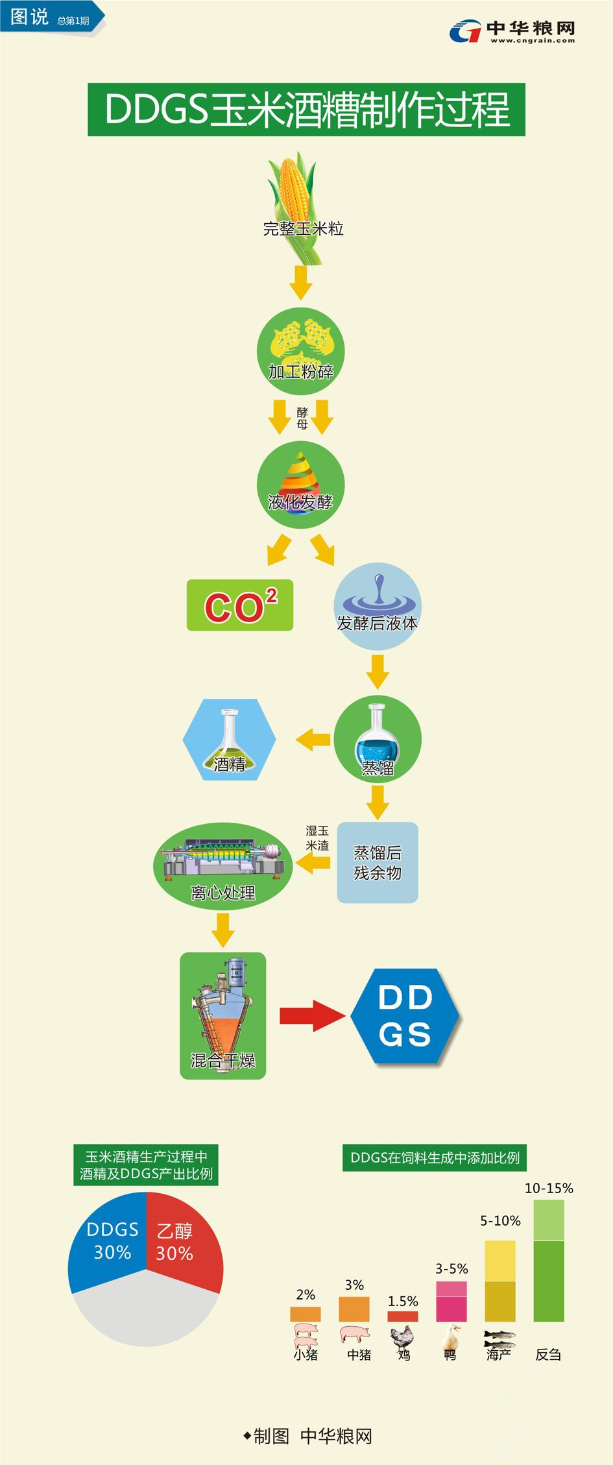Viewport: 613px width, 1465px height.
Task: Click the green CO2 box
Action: pos(240,605)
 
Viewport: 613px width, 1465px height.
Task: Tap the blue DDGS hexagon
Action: pos(405,1016)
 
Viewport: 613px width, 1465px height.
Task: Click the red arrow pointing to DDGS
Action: pos(311,1015)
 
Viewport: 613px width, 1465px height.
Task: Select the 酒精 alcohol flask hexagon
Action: pos(229,740)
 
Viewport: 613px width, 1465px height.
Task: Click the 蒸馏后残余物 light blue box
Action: pos(378,862)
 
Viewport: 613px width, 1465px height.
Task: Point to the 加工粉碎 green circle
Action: pos(300,351)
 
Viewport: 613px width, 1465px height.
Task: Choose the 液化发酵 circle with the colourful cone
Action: pos(300,485)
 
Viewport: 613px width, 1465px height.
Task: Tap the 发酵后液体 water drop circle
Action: pos(378,607)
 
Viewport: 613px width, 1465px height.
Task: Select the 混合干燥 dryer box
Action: pos(222,1015)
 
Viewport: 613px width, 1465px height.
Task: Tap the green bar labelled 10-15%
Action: pos(549,1261)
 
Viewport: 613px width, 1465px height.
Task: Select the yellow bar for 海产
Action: pos(500,1281)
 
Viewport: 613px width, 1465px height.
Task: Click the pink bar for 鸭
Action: pos(451,1302)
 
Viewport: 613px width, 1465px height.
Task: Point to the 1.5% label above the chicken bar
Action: pos(403,1301)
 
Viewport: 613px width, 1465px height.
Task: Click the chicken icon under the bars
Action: pos(402,1337)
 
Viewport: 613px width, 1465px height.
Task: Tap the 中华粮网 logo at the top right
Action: pos(512,31)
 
